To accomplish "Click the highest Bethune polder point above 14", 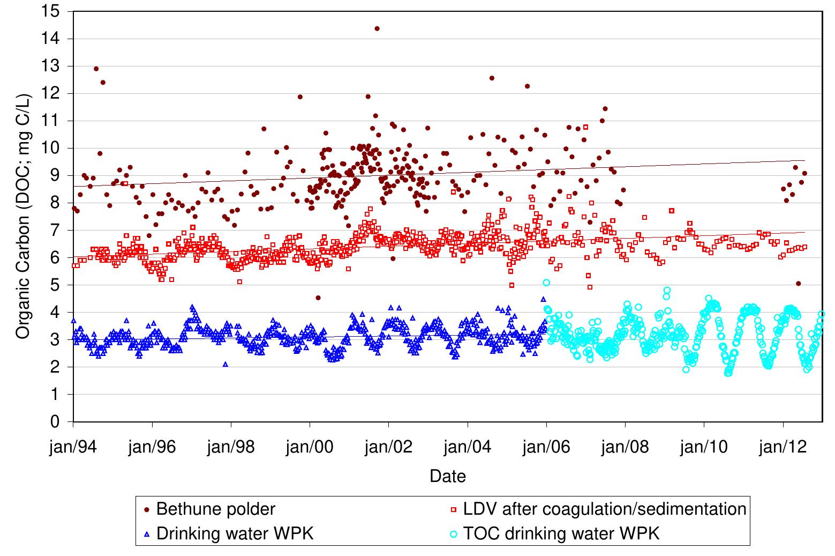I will click(377, 28).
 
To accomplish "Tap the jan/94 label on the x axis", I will click(73, 447).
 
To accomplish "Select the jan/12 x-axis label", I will click(783, 447).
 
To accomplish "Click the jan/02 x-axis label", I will click(388, 447).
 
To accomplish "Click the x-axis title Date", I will click(448, 476).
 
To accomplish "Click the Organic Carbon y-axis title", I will click(24, 217).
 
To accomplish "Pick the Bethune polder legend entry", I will click(215, 509).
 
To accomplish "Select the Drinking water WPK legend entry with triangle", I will click(235, 533).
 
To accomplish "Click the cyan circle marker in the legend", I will click(454, 534).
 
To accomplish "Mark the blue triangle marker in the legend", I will click(147, 534).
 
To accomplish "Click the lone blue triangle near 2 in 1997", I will click(225, 364).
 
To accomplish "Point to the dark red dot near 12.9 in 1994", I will click(96, 69).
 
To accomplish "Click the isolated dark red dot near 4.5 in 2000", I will click(318, 298).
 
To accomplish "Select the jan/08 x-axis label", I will click(625, 447).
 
